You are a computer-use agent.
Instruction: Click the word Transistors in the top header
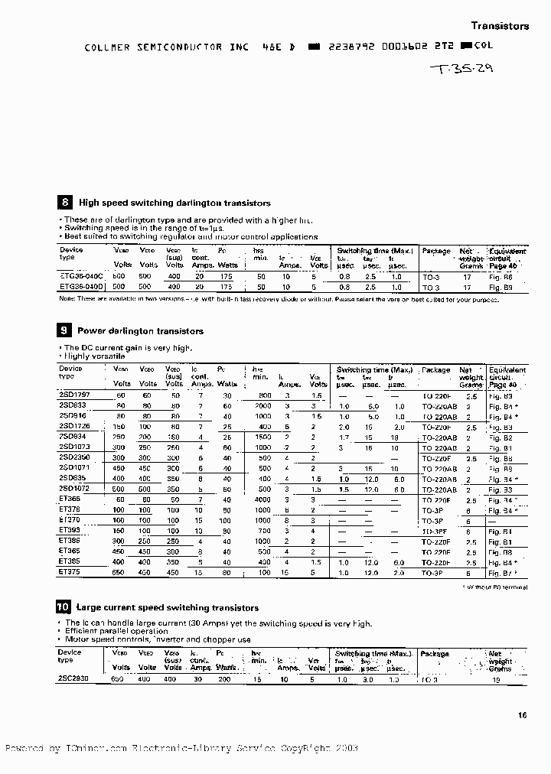pyautogui.click(x=499, y=26)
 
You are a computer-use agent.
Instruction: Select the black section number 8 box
pyautogui.click(x=65, y=203)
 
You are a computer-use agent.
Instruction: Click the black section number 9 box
pyautogui.click(x=65, y=331)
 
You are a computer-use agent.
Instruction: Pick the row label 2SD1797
pyautogui.click(x=74, y=395)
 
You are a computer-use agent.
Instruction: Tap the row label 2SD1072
pyautogui.click(x=74, y=488)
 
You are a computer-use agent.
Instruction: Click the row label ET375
pyautogui.click(x=69, y=571)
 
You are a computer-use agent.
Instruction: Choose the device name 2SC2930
pyautogui.click(x=74, y=678)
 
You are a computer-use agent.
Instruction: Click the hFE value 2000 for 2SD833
pyautogui.click(x=263, y=405)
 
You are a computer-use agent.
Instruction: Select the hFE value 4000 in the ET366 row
pyautogui.click(x=263, y=499)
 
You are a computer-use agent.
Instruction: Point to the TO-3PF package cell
pyautogui.click(x=435, y=530)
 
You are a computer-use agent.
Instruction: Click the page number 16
pyautogui.click(x=523, y=716)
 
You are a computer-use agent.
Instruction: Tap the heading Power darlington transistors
pyautogui.click(x=140, y=331)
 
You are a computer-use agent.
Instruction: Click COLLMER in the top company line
pyautogui.click(x=107, y=47)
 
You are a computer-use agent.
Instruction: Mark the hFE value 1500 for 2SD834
pyautogui.click(x=263, y=436)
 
